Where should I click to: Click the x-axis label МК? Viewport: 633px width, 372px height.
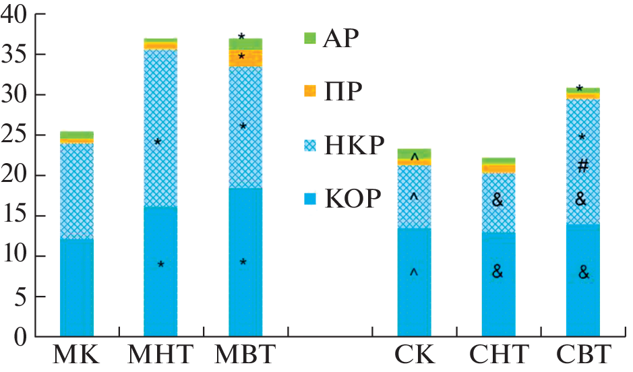click(x=77, y=354)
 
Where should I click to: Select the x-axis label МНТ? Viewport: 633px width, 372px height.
click(x=160, y=354)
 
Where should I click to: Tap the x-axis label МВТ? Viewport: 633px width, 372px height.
click(x=245, y=354)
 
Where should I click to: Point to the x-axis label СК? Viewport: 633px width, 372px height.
click(x=414, y=354)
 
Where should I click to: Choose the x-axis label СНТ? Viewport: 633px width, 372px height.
click(x=498, y=354)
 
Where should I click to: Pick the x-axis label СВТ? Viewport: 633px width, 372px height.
click(x=583, y=354)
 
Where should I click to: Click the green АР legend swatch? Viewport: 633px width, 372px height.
click(x=310, y=38)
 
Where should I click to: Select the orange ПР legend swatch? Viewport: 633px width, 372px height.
click(x=310, y=90)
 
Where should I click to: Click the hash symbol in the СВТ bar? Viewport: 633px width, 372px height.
click(x=583, y=165)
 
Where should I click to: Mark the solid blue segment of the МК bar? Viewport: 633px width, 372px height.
click(x=77, y=286)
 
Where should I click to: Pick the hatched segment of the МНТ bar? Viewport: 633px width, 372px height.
click(x=160, y=128)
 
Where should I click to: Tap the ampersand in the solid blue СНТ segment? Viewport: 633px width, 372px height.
click(x=498, y=272)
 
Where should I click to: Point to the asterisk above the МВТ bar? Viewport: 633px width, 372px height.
click(x=241, y=36)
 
